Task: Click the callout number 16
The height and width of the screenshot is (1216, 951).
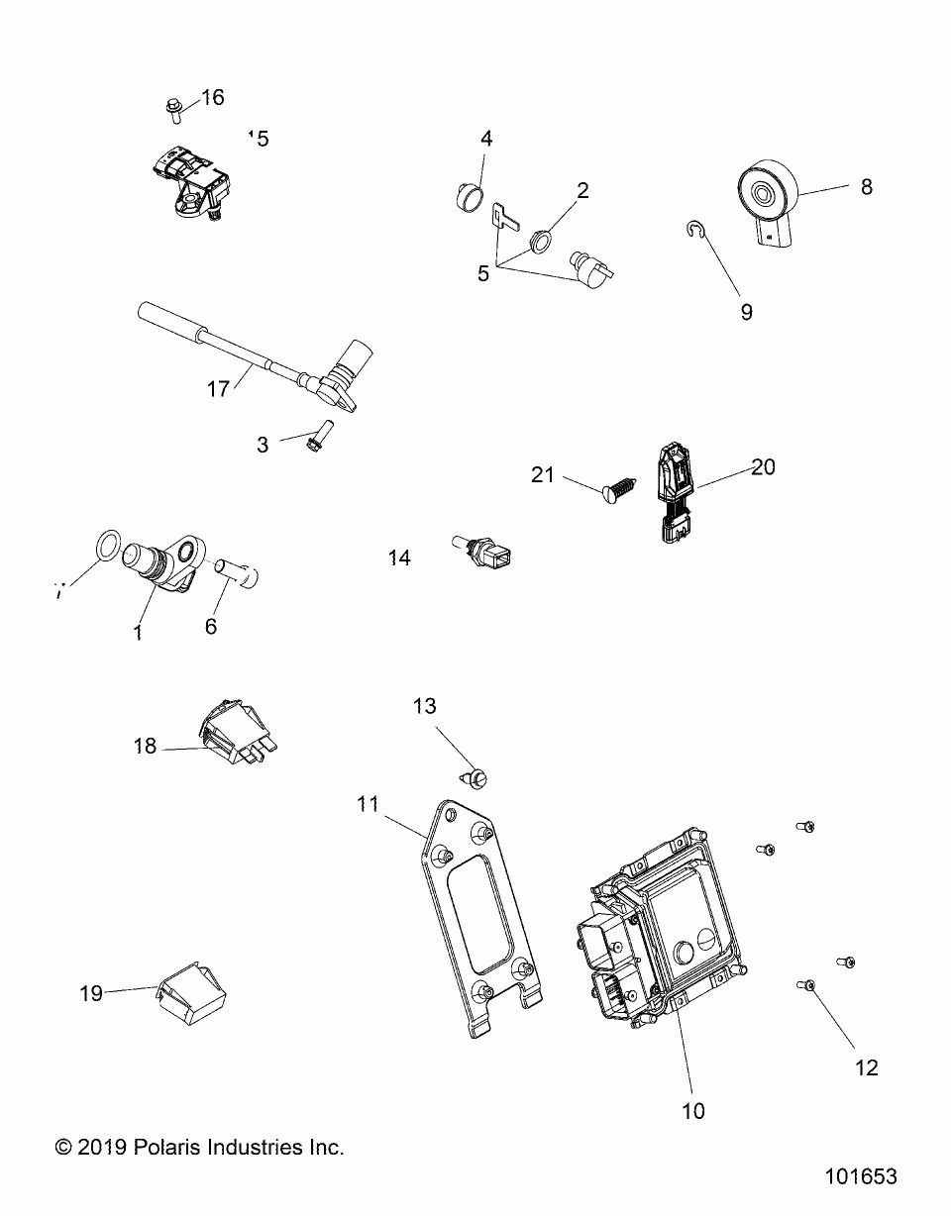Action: pyautogui.click(x=213, y=97)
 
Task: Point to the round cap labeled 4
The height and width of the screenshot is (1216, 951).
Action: pyautogui.click(x=469, y=197)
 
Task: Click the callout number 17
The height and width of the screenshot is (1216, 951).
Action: pyautogui.click(x=218, y=389)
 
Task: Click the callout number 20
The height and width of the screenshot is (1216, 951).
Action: pyautogui.click(x=763, y=466)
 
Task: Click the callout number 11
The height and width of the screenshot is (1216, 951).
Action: pyautogui.click(x=369, y=805)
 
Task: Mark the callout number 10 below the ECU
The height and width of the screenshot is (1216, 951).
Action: pyautogui.click(x=694, y=1111)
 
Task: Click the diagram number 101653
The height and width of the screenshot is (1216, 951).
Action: pyautogui.click(x=860, y=1176)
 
